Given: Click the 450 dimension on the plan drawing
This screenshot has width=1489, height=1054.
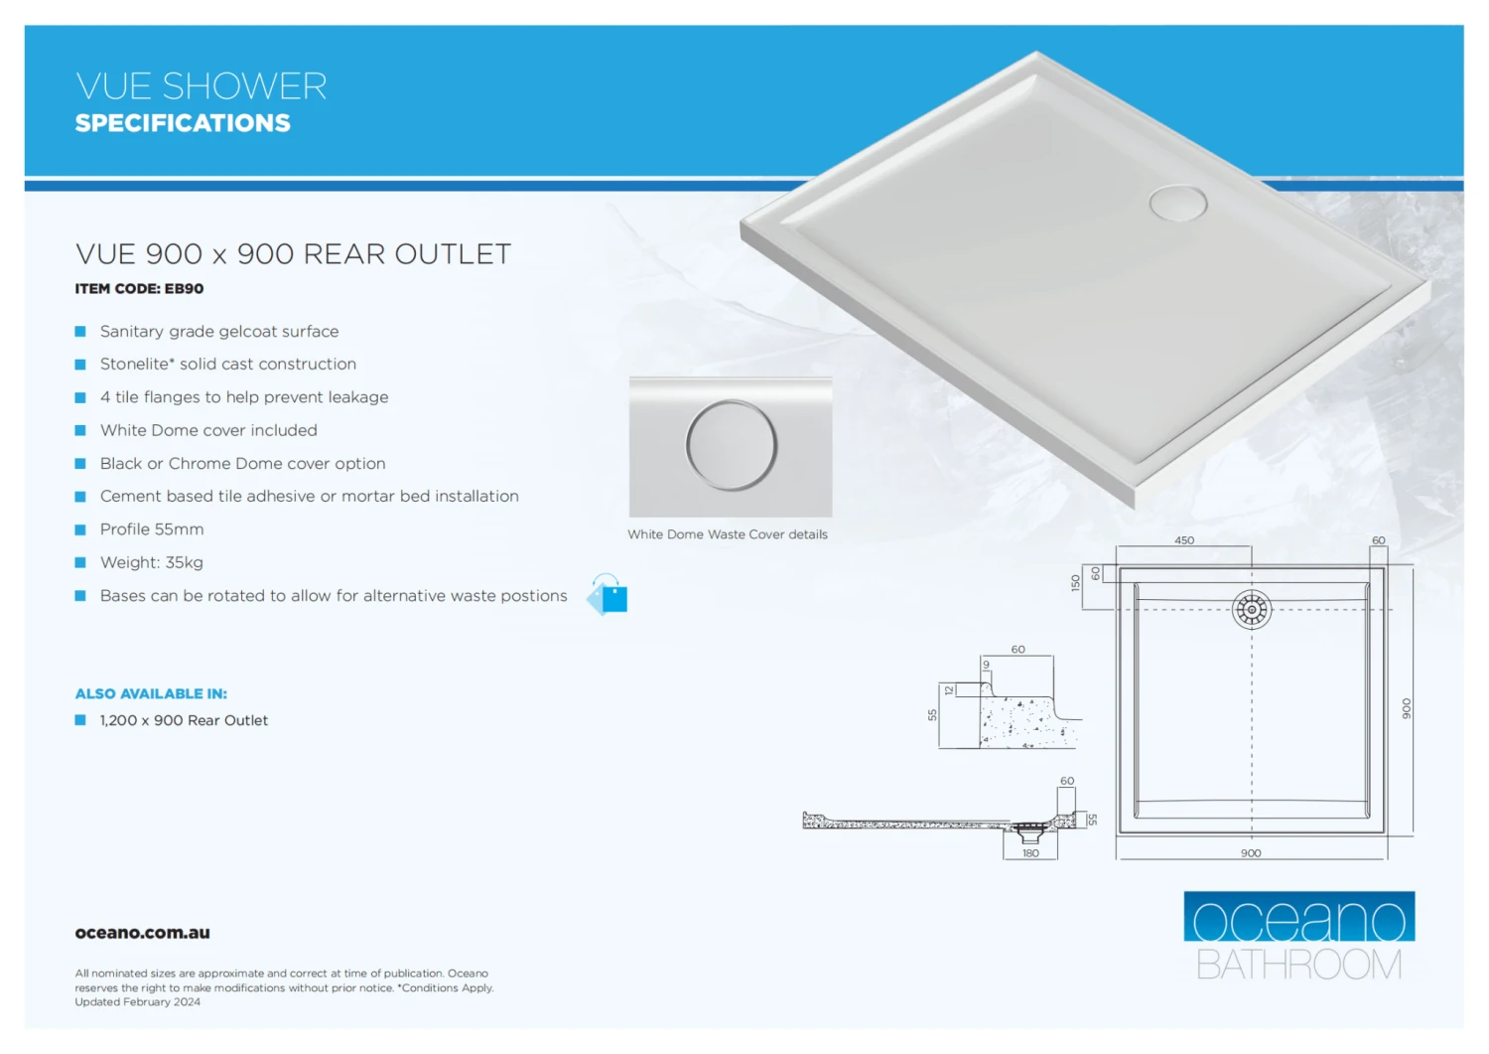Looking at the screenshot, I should coord(1184,540).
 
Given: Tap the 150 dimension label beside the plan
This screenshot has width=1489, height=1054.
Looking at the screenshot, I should coord(1075,583).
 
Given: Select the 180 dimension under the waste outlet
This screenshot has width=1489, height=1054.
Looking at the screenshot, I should coord(1030,853).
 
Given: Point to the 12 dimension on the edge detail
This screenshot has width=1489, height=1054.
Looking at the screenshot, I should coord(949,689).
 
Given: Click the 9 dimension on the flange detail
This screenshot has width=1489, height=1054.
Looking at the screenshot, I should coord(986,665).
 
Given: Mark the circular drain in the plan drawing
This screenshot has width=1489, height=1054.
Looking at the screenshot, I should coord(1251,609).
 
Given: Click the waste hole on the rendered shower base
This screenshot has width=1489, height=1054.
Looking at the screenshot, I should coord(1178,203).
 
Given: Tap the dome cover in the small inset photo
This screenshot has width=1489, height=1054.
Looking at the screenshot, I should coord(731,445).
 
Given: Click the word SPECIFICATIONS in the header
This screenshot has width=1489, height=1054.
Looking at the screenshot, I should coord(183,123).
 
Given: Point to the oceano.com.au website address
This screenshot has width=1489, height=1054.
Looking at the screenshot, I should coord(142,933).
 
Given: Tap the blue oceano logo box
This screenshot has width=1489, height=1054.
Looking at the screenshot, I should coord(1298,916).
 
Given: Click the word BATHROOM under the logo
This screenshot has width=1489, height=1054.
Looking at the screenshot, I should coord(1298,965).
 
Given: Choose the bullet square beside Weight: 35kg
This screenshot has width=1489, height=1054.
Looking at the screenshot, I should coord(80,562).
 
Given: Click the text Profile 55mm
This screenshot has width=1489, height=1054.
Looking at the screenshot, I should coord(151,529).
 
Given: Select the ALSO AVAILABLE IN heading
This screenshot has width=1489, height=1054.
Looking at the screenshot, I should coord(151,693).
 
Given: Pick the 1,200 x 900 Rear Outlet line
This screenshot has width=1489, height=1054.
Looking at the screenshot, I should coord(184,720).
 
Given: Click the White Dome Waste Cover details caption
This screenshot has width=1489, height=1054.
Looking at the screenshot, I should coord(727,534).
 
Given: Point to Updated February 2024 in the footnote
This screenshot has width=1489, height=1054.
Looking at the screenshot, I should coord(137,1002).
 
